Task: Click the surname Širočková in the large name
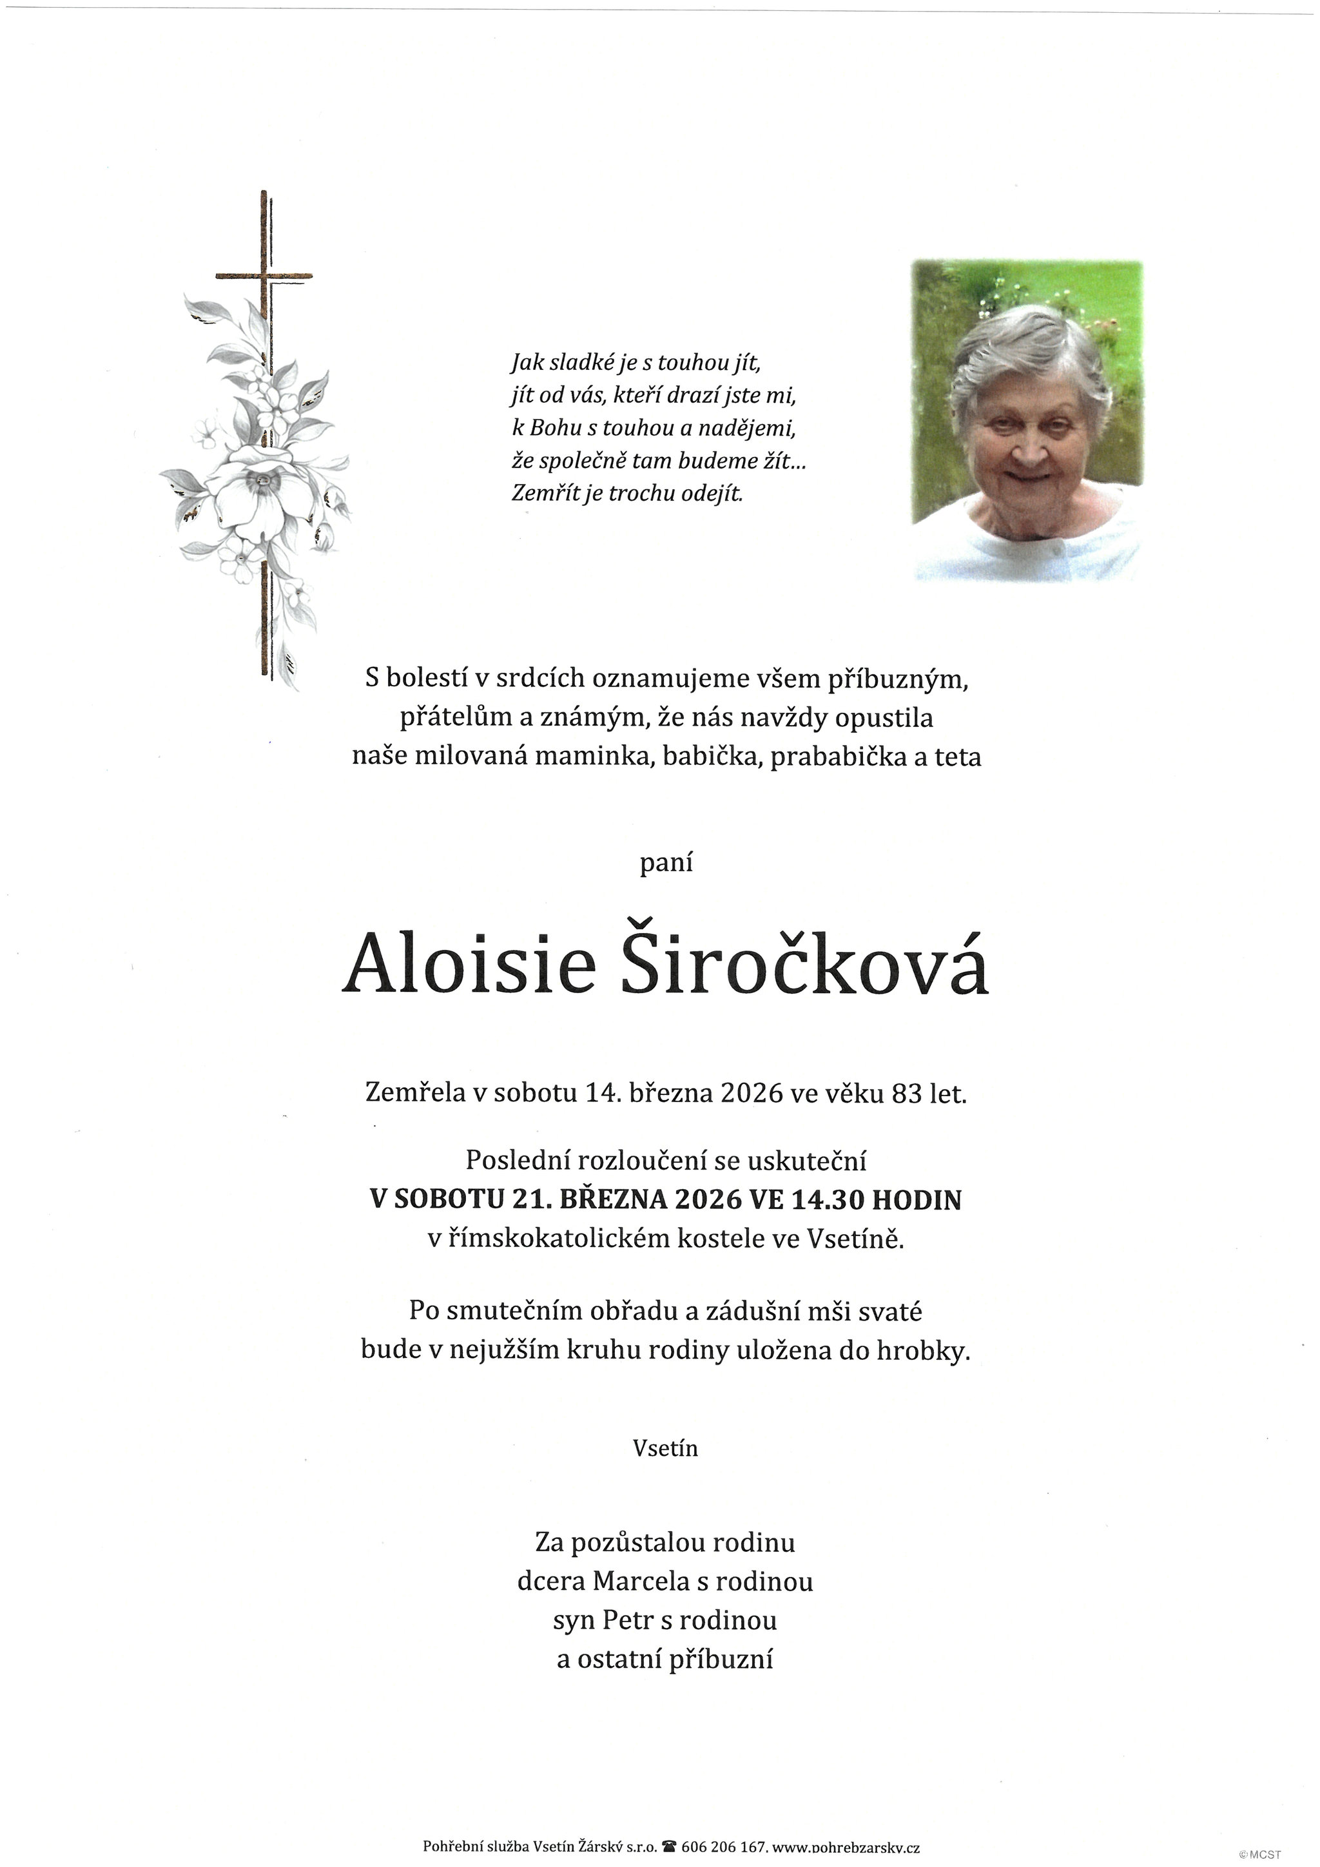(804, 965)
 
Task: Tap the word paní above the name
(665, 863)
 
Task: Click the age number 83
(906, 1094)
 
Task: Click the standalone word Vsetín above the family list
(665, 1447)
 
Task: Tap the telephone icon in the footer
(670, 1846)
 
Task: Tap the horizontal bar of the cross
(264, 276)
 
